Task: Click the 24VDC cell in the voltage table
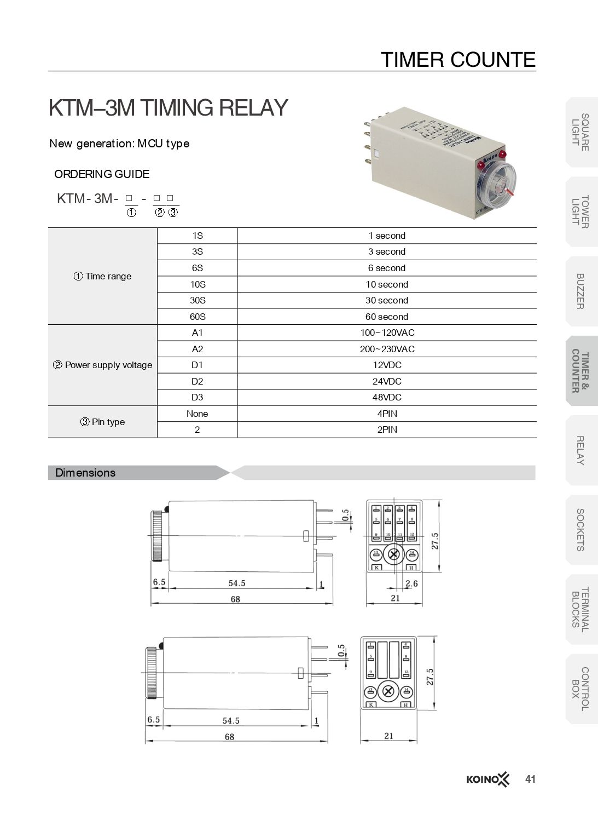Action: pos(387,381)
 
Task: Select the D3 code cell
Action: pos(197,397)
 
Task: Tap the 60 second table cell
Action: pos(387,317)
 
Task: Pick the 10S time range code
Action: pos(197,284)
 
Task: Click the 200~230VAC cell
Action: pos(387,349)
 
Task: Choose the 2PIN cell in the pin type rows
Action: pos(387,429)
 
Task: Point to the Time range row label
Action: pos(103,276)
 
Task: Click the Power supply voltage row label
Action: pos(103,365)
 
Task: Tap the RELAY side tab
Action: pos(580,450)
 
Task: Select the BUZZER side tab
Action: pos(580,291)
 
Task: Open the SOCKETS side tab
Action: pos(580,530)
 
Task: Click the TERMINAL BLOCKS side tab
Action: pos(580,609)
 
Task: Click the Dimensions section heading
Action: pos(86,473)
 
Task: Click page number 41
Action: pos(530,779)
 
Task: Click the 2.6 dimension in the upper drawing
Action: pos(411,583)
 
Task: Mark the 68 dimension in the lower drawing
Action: pos(229,737)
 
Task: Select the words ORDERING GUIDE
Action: pos(102,174)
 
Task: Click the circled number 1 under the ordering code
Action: pos(131,213)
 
